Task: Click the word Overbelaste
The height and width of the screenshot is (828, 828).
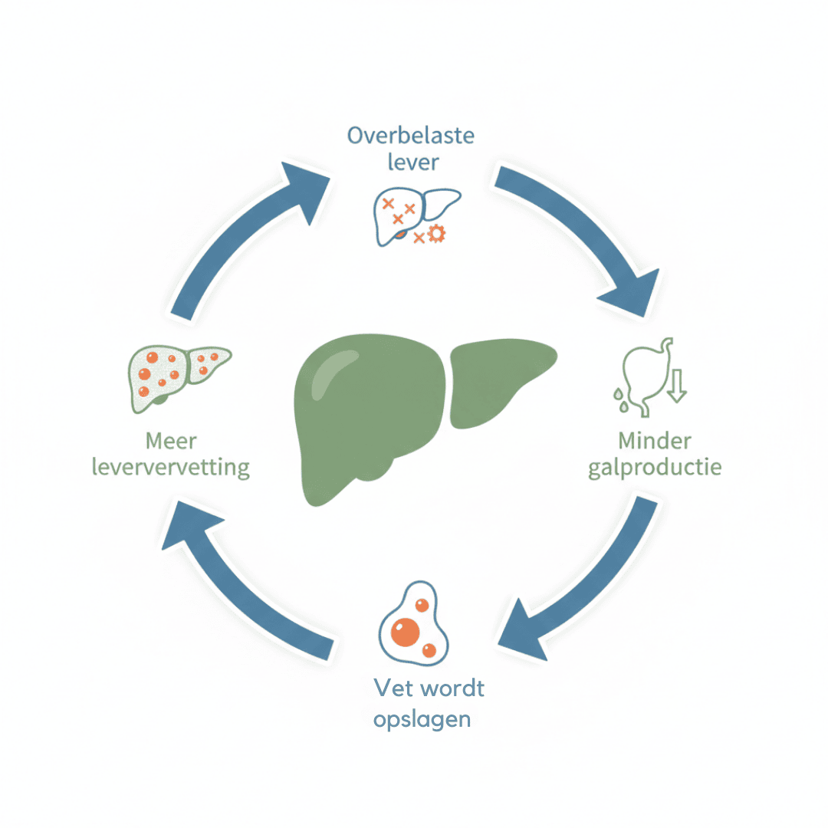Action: [411, 136]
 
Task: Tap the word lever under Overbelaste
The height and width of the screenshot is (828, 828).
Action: [413, 162]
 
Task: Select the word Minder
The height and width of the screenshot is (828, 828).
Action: [654, 440]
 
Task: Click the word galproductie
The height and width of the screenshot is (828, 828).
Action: [655, 468]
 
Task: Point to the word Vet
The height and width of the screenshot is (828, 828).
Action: [393, 688]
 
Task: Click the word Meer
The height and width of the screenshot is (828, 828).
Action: [171, 441]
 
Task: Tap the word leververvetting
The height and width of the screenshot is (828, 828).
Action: [170, 468]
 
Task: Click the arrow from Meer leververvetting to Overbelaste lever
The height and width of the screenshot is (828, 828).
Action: [238, 227]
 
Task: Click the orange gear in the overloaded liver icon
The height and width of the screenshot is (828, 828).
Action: [437, 233]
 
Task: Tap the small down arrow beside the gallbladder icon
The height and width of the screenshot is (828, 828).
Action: [677, 386]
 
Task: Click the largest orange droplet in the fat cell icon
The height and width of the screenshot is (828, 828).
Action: [405, 632]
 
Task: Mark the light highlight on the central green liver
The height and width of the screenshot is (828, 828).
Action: [328, 374]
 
